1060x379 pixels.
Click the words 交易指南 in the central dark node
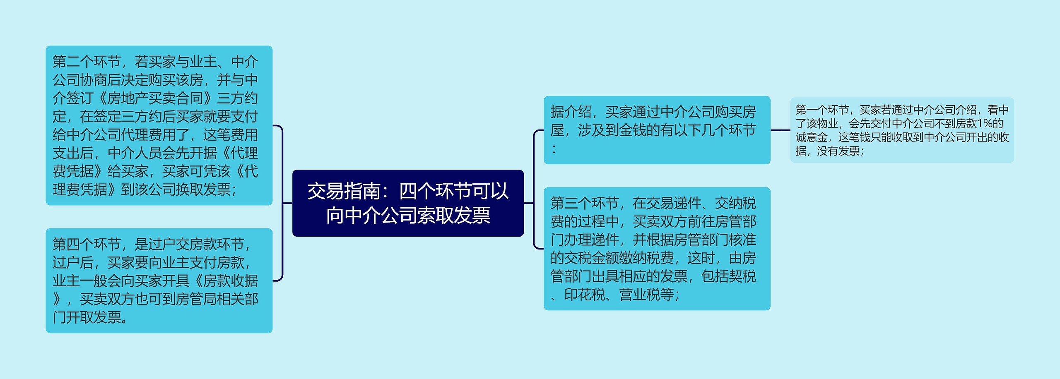coord(344,191)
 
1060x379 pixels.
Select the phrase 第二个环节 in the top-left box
coord(87,62)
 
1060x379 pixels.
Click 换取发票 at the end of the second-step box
coord(203,189)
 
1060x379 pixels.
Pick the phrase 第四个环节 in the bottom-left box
coord(87,245)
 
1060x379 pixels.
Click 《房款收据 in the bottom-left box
coord(224,281)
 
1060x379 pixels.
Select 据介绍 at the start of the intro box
coord(571,112)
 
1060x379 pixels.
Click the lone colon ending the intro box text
coord(554,149)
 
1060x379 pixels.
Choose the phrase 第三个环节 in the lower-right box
coord(585,204)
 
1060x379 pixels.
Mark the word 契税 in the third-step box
coord(742,276)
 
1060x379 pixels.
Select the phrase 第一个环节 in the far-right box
coord(822,110)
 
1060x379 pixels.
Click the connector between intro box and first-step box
coord(780,130)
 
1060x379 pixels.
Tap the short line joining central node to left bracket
coord(288,203)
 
